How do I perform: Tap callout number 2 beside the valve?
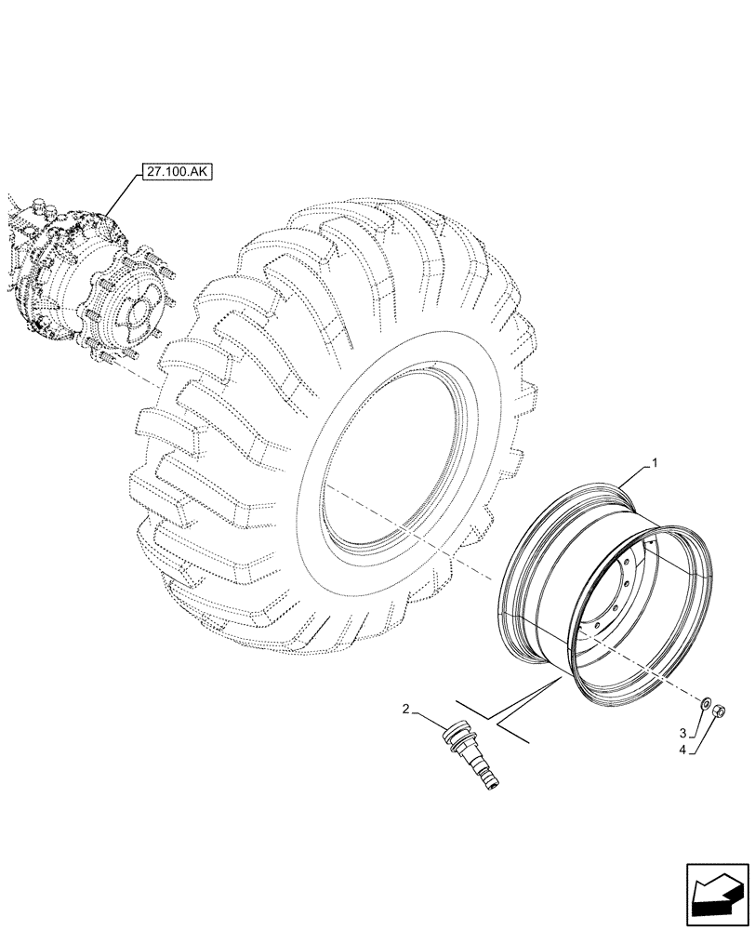[405, 711]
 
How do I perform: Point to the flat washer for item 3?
[708, 704]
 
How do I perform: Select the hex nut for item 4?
[721, 712]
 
